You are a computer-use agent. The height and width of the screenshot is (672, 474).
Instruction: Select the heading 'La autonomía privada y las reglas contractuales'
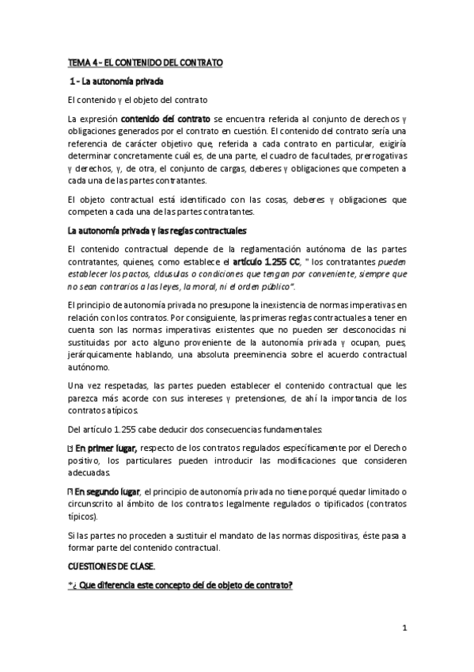coord(157,231)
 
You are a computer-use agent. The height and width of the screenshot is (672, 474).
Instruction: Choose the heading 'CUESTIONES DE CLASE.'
coord(111,567)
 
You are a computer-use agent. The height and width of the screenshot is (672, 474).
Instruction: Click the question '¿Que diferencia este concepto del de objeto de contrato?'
coord(180,586)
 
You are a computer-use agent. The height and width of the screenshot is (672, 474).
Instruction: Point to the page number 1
coord(404,631)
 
